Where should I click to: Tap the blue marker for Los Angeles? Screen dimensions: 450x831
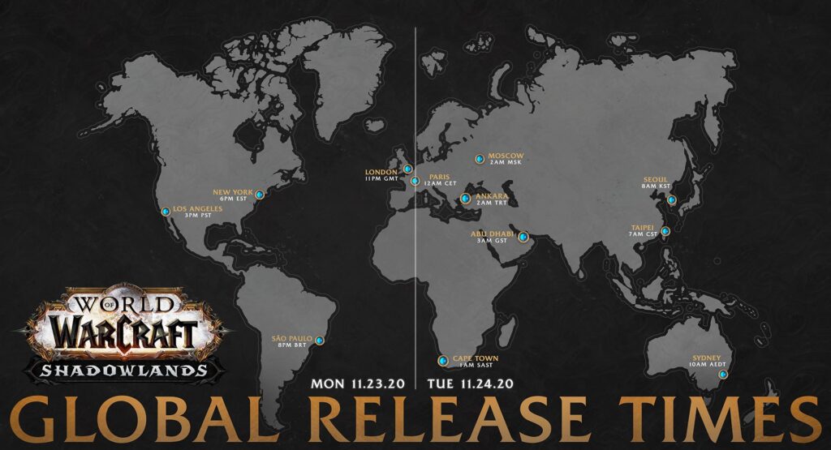[166, 212]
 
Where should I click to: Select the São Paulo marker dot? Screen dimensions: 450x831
[319, 341]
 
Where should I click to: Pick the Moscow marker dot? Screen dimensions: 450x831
[480, 158]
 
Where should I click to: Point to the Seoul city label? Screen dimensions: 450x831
[655, 181]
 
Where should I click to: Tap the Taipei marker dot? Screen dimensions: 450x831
[665, 231]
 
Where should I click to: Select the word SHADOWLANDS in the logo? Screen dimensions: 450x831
[124, 370]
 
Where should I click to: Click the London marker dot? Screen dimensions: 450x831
[408, 169]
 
